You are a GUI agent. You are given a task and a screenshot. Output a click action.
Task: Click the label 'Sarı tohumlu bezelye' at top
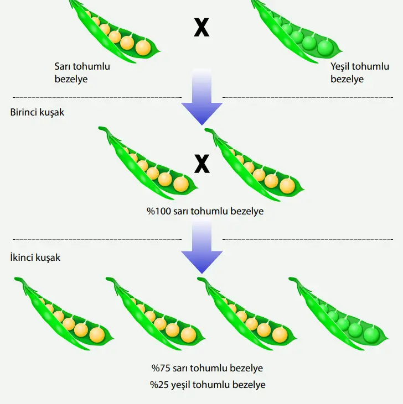82,73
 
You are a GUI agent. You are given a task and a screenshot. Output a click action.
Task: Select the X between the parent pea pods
201,28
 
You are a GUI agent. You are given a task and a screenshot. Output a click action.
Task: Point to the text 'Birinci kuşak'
37,112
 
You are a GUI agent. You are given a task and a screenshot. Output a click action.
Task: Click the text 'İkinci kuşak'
35,258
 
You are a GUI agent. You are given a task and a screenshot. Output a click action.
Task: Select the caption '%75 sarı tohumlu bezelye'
207,368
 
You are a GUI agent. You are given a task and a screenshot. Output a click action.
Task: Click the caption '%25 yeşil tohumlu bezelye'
207,384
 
